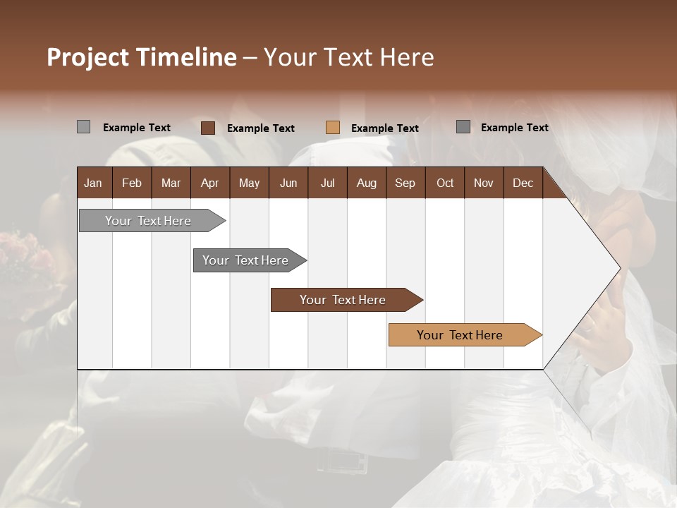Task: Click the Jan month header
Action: tap(93, 183)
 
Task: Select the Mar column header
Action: tap(171, 183)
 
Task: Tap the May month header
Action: tap(249, 183)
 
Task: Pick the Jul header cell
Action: tap(327, 183)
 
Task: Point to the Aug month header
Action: tap(366, 183)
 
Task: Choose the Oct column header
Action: tap(445, 183)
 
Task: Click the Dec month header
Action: tap(523, 183)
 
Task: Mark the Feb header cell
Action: tap(132, 183)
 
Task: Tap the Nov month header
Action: tap(484, 183)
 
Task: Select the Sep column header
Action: tap(405, 183)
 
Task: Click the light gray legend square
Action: tap(83, 127)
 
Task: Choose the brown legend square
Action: tap(208, 128)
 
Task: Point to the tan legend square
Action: tap(333, 128)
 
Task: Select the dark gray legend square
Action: tap(463, 127)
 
